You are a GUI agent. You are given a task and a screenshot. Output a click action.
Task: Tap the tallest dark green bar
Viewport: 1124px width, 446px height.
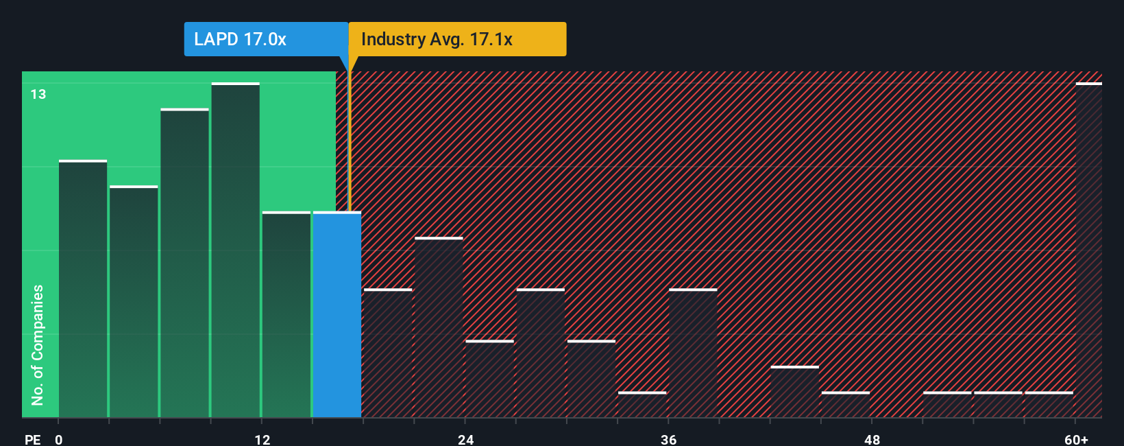pos(235,250)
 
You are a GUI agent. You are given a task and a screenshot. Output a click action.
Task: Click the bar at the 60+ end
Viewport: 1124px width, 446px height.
pos(1088,250)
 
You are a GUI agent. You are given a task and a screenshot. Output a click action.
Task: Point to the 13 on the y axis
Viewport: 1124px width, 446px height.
pos(38,94)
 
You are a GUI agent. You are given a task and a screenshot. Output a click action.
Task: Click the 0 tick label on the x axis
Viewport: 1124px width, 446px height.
pos(59,439)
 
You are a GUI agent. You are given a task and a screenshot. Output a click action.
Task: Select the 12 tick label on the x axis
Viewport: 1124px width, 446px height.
pos(262,439)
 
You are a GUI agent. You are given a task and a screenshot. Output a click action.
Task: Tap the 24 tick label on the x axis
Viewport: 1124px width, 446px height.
pos(466,439)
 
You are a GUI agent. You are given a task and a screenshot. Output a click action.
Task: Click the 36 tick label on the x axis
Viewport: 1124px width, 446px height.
pos(669,439)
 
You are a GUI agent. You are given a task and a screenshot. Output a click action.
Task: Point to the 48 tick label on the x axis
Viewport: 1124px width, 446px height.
pos(872,439)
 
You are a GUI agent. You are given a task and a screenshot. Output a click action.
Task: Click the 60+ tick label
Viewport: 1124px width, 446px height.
pos(1076,439)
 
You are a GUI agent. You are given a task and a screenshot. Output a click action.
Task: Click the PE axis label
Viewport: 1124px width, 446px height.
pos(32,439)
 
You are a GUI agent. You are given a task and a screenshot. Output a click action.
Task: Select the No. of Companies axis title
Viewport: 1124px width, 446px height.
pos(38,344)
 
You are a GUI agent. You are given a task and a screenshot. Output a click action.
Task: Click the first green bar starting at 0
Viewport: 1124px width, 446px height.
pos(83,288)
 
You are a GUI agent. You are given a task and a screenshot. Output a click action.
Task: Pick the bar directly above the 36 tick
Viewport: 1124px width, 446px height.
pos(693,353)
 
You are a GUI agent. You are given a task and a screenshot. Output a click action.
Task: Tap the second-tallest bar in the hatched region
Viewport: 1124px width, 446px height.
pos(439,328)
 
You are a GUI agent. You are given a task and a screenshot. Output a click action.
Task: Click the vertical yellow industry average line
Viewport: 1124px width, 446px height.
pos(349,137)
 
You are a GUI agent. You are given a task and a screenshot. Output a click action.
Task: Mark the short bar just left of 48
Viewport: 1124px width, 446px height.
pos(846,404)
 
